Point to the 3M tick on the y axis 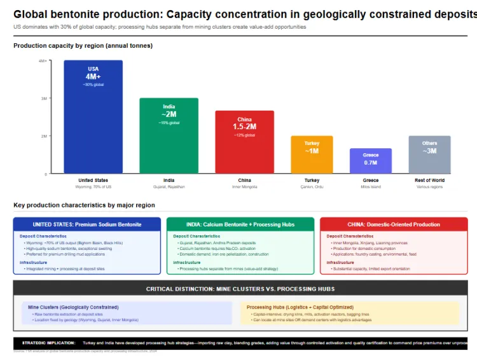pyautogui.click(x=43, y=99)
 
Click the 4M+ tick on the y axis pyautogui.click(x=42, y=61)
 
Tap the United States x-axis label pyautogui.click(x=93, y=181)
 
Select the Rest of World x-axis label pyautogui.click(x=429, y=181)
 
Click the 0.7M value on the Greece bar pyautogui.click(x=371, y=163)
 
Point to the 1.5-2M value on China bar pyautogui.click(x=244, y=127)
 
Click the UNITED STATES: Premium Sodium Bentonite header pyautogui.click(x=87, y=225)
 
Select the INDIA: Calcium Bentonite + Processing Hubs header pyautogui.click(x=240, y=225)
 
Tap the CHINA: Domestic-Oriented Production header pyautogui.click(x=394, y=225)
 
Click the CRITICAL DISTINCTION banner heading pyautogui.click(x=240, y=289)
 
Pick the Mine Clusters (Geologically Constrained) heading pyautogui.click(x=70, y=307)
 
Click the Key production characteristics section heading pyautogui.click(x=84, y=205)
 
